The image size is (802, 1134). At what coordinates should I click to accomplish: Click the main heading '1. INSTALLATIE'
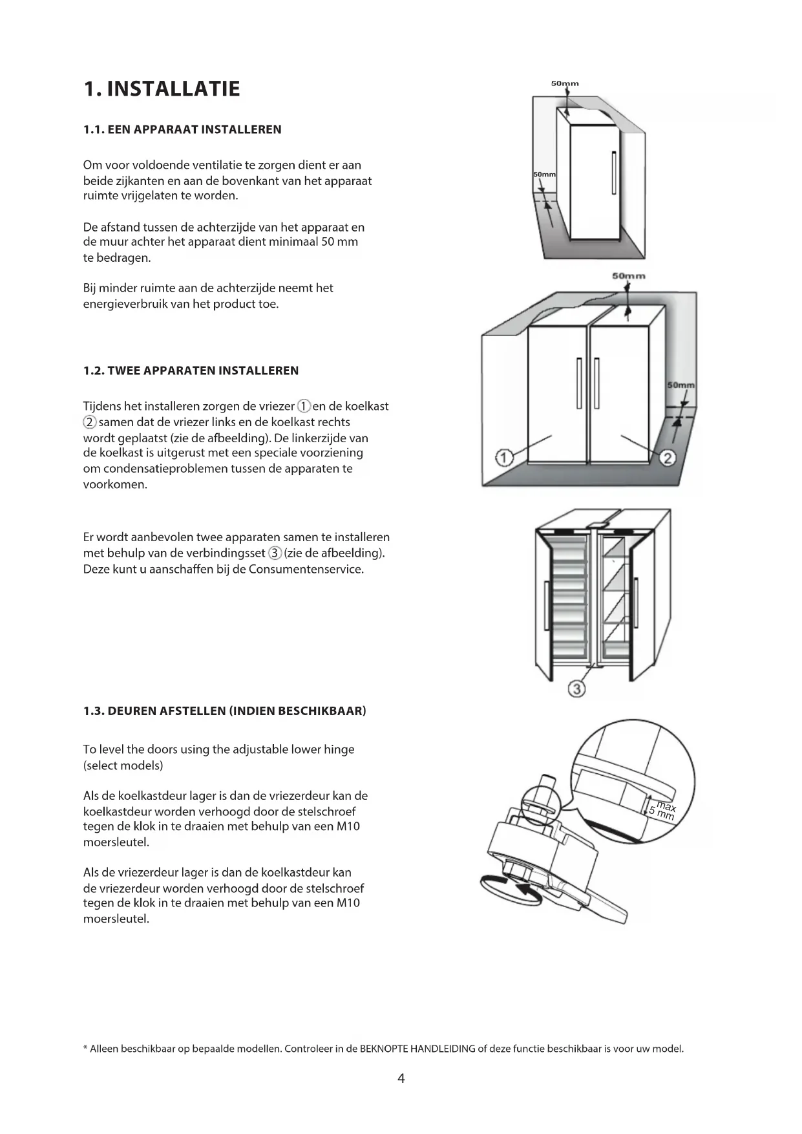(x=162, y=89)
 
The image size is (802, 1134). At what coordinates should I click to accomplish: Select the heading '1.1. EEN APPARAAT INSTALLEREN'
(x=182, y=129)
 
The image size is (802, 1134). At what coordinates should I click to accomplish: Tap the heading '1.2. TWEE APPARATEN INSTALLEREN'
(x=191, y=370)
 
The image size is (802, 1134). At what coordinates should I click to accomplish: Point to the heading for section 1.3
(x=224, y=711)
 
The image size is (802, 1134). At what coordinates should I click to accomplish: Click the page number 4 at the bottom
(x=401, y=1078)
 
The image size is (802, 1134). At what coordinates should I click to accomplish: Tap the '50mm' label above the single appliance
(x=564, y=83)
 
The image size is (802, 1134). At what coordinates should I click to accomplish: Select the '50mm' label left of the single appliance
(x=544, y=175)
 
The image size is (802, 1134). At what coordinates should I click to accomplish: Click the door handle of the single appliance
(x=614, y=173)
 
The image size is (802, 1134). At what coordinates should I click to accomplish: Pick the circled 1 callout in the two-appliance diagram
(x=503, y=458)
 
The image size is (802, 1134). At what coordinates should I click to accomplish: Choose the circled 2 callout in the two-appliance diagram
(x=668, y=458)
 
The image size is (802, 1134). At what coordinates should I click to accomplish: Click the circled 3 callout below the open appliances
(x=576, y=689)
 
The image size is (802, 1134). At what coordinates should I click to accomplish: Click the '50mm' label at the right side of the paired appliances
(x=681, y=385)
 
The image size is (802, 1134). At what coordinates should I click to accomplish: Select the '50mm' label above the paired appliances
(x=628, y=276)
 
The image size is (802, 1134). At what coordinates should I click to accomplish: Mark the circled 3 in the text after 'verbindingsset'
(x=275, y=553)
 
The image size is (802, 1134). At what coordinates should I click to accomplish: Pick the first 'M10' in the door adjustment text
(x=348, y=826)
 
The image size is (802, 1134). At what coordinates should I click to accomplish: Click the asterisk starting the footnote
(x=85, y=1048)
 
